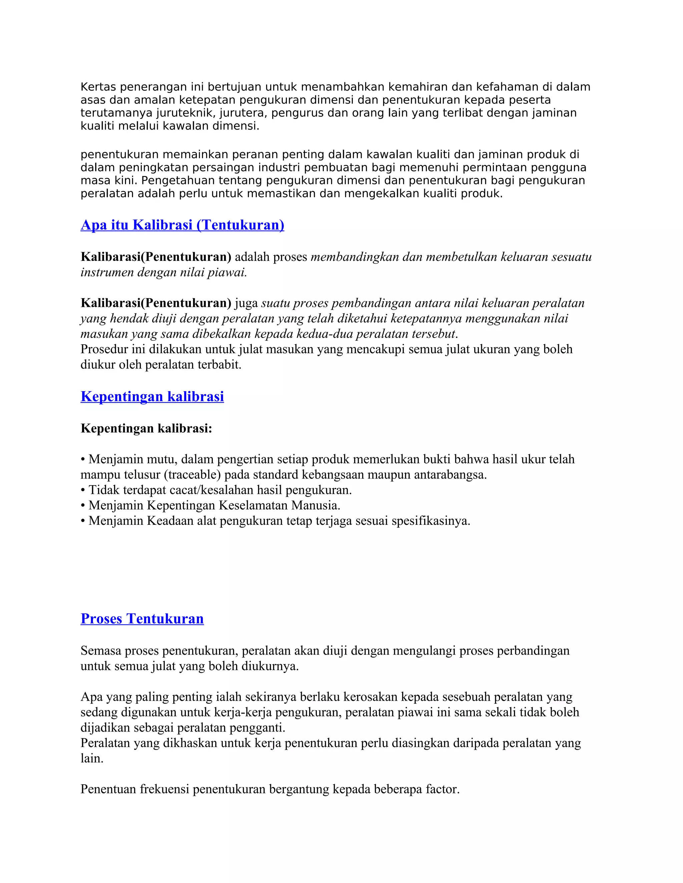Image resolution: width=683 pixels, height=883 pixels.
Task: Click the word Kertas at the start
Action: coord(98,87)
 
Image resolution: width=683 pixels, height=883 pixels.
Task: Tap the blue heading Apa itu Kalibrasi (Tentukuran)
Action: coord(182,225)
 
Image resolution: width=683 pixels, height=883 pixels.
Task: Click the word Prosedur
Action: coord(105,349)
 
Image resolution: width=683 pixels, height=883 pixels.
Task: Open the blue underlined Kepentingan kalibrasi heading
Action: coord(152,396)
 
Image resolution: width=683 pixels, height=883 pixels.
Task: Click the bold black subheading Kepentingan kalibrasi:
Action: coord(146,428)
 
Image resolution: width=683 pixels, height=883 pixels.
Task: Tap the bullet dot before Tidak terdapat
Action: coord(83,490)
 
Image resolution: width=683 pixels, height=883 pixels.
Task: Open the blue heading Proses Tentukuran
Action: coord(142,618)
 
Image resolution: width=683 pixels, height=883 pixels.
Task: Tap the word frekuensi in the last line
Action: coord(164,789)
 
